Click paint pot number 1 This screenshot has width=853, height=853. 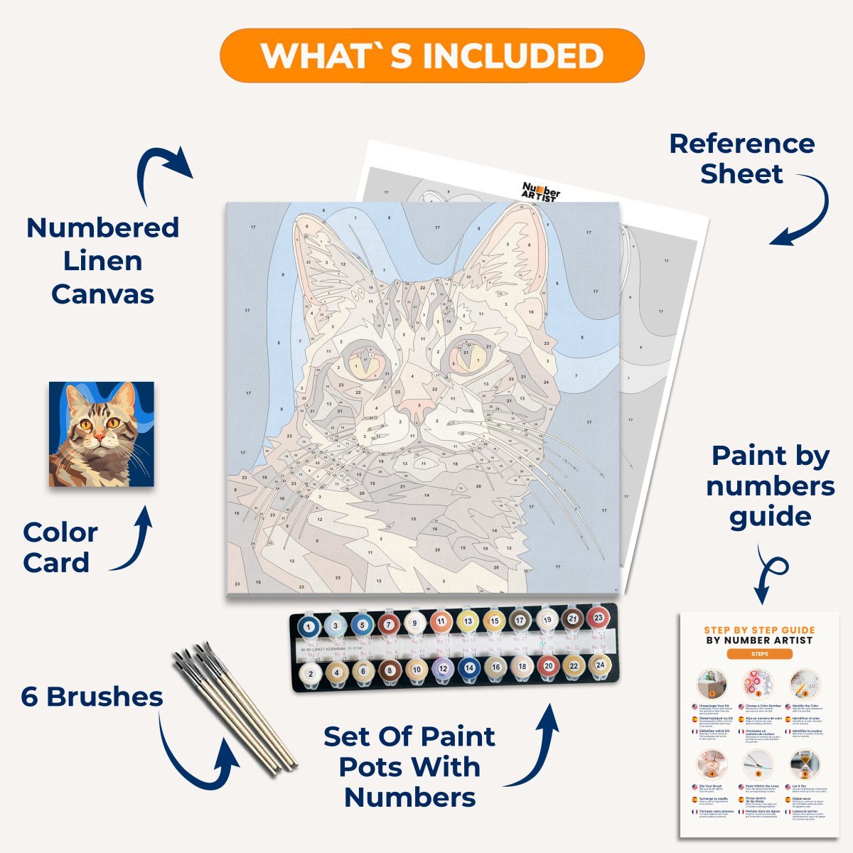pos(309,626)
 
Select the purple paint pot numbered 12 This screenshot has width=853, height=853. pos(443,668)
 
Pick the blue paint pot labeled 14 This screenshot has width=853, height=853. pos(468,667)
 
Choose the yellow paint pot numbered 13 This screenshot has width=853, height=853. pos(468,621)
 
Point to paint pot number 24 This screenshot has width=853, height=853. pos(600,665)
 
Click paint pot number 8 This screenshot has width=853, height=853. pos(389,670)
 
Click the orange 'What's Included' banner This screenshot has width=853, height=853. pos(432,55)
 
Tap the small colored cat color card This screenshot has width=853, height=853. pos(101,434)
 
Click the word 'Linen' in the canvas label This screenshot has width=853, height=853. pos(102,261)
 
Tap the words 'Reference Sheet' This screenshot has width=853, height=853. pos(742,159)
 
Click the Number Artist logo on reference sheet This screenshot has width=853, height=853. pos(541,192)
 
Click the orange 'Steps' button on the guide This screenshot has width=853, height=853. pos(758,654)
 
